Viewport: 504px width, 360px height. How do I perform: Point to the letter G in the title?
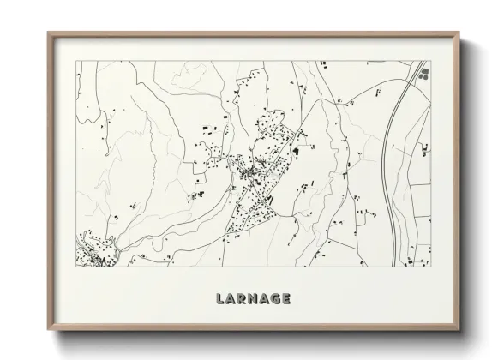coord(278,299)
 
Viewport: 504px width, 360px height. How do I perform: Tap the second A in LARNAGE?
coord(265,299)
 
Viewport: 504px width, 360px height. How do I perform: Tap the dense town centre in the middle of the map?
coord(251,174)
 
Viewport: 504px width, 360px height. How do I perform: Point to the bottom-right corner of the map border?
coord(429,267)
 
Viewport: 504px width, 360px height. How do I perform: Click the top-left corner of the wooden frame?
coord(47,33)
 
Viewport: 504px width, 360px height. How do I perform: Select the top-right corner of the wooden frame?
coord(459,33)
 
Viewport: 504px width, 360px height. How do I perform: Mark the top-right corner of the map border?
coord(429,61)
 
